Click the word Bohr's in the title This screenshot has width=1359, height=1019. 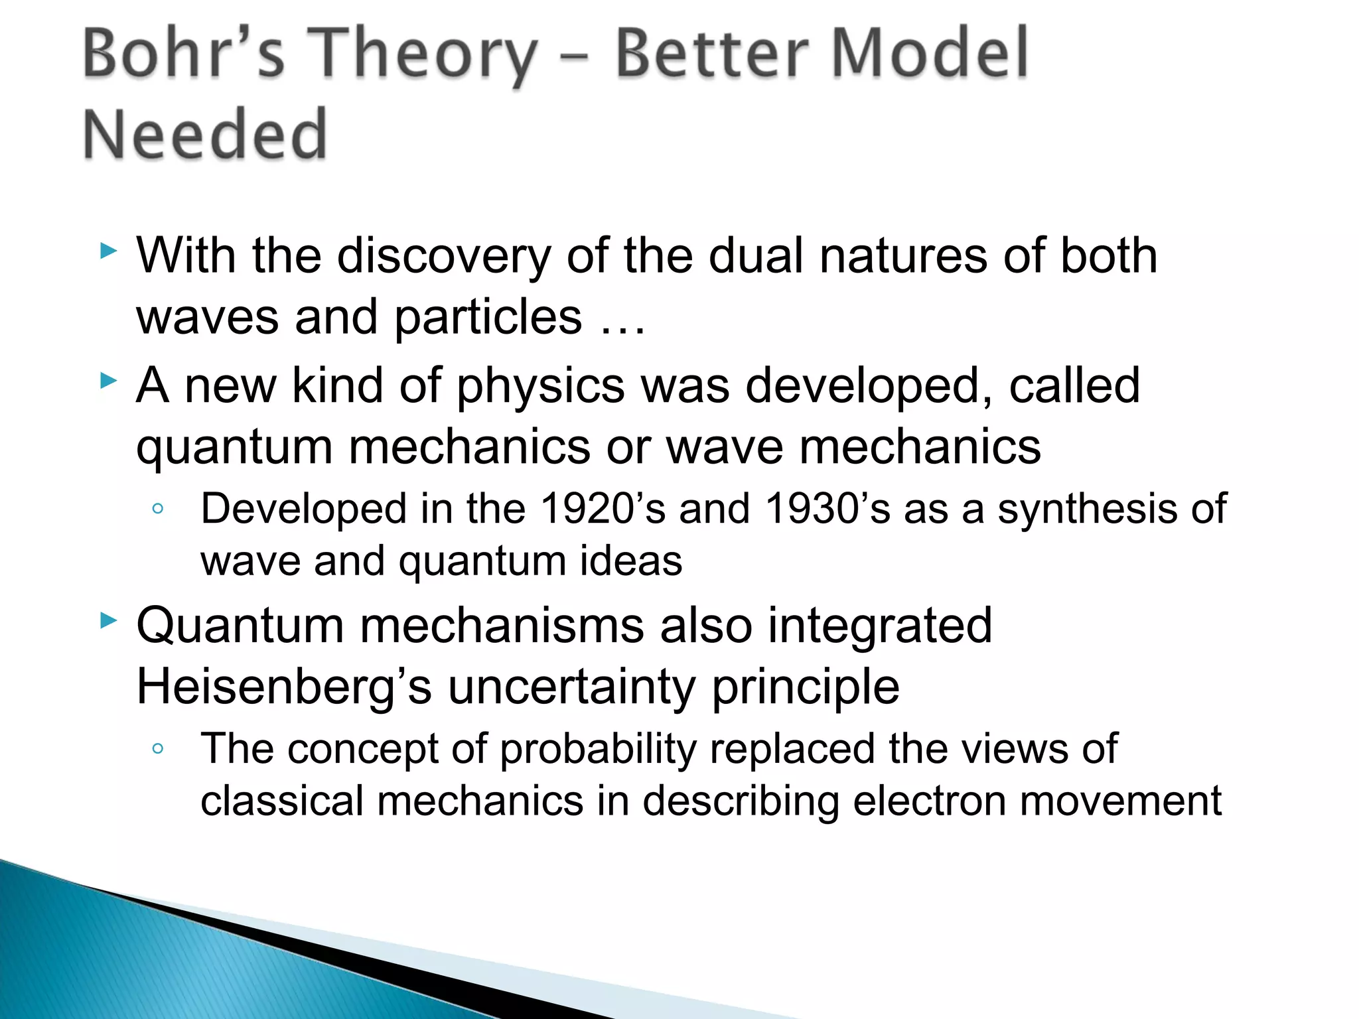[x=182, y=54]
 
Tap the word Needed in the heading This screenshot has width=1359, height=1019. [x=205, y=135]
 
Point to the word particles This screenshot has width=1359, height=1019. [x=488, y=318]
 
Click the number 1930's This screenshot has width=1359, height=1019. [x=827, y=509]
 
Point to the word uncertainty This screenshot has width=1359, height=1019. [x=571, y=687]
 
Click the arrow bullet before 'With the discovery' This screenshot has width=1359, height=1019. [x=108, y=251]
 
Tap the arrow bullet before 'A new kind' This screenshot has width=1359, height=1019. [x=108, y=381]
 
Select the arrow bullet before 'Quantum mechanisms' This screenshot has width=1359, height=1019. [x=108, y=621]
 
